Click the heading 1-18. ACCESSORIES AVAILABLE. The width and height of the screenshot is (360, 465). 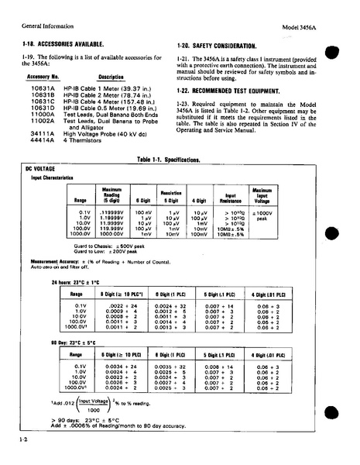pos(60,46)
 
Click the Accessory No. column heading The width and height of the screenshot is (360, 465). pos(43,77)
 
